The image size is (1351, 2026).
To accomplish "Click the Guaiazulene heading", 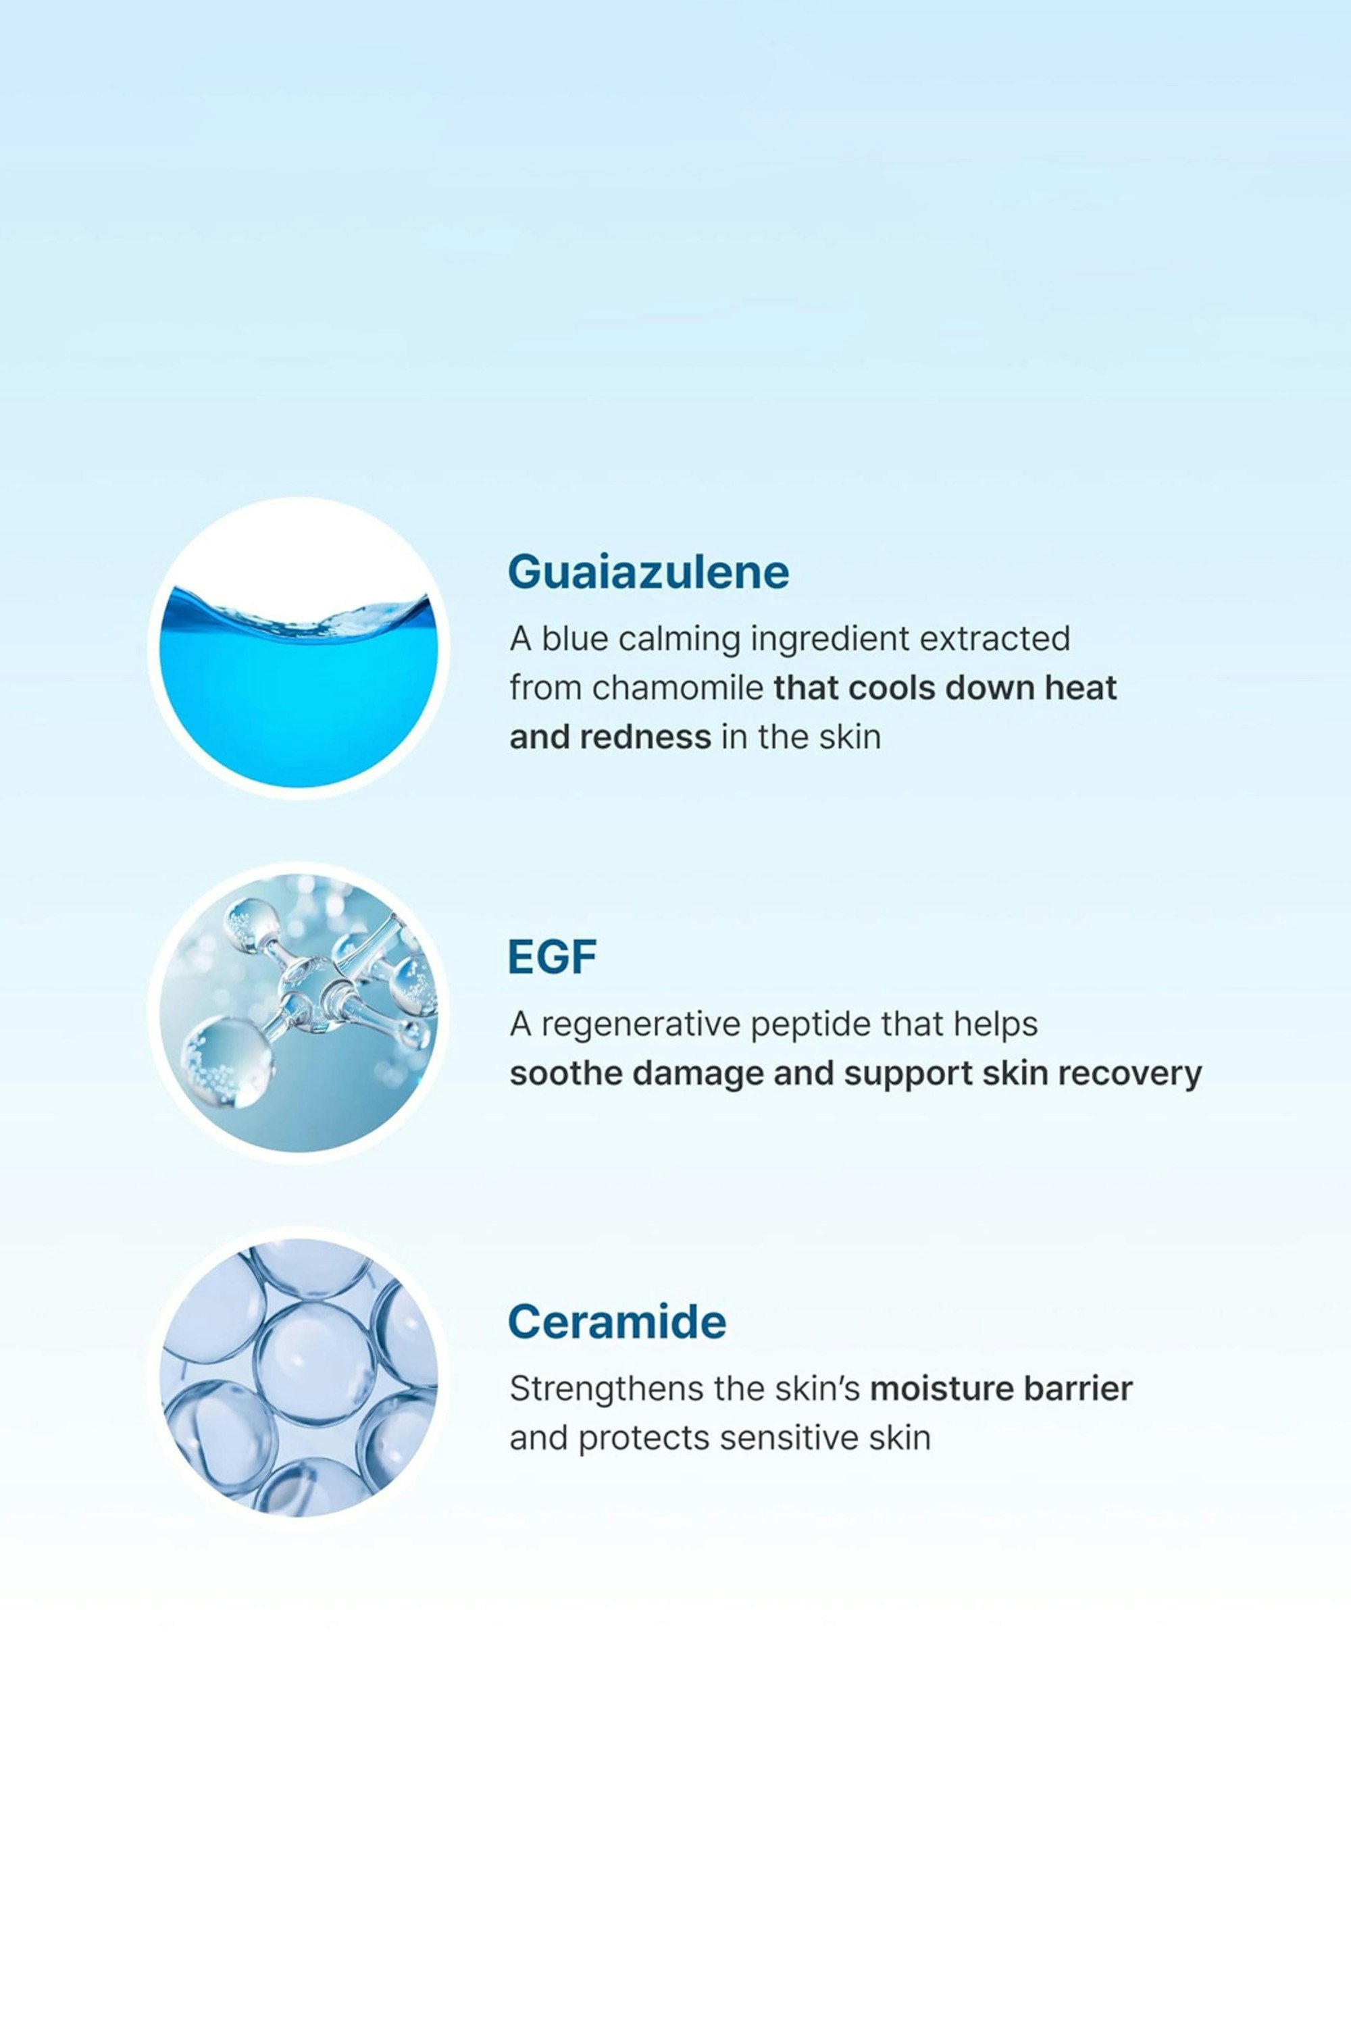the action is coord(648,572).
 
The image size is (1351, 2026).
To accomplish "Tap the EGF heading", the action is coord(551,957).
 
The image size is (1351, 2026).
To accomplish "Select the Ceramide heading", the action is coord(617,1322).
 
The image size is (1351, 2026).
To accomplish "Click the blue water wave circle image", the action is coord(299,648).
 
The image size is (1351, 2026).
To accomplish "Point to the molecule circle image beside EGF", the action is coord(299,1013).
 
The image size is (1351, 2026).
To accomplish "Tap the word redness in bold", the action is coord(645,737).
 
